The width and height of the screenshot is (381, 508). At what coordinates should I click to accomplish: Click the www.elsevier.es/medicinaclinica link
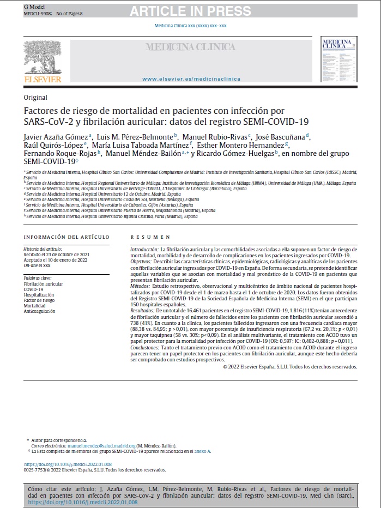191,79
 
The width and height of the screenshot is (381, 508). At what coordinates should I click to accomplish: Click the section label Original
35,97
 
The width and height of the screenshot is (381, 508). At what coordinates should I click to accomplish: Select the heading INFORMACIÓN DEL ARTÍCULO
66,237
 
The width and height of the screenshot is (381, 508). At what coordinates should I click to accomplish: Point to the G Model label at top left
33,5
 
